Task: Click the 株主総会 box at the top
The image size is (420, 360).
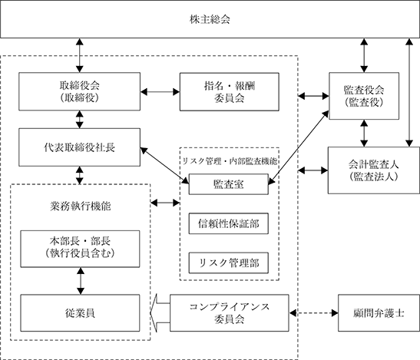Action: point(210,19)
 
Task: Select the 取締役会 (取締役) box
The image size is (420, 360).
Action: point(79,91)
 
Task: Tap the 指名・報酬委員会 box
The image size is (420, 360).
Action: point(230,91)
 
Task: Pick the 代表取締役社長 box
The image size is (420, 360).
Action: point(79,147)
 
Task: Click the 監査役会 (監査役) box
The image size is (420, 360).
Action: point(364,96)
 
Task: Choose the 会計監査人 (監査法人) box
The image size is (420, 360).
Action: point(374,170)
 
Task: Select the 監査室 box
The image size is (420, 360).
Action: point(229,184)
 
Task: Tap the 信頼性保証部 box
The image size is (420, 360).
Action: point(229,223)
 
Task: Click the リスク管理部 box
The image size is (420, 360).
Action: point(229,263)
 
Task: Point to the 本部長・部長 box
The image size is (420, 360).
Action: point(80,249)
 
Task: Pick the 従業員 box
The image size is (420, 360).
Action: point(80,313)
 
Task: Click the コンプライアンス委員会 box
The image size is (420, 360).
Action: point(230,313)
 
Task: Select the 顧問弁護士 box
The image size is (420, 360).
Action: point(379,313)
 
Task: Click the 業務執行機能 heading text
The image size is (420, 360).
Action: point(81,206)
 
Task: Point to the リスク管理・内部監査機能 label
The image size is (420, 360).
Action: point(230,161)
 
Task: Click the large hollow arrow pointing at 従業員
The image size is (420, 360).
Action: point(160,313)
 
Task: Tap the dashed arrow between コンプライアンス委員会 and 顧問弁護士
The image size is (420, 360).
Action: point(314,313)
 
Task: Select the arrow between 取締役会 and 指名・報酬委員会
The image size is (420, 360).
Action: point(160,92)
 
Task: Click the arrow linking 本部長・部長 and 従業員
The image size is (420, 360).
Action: point(81,281)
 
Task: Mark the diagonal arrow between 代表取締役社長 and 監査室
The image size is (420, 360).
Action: point(164,166)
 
